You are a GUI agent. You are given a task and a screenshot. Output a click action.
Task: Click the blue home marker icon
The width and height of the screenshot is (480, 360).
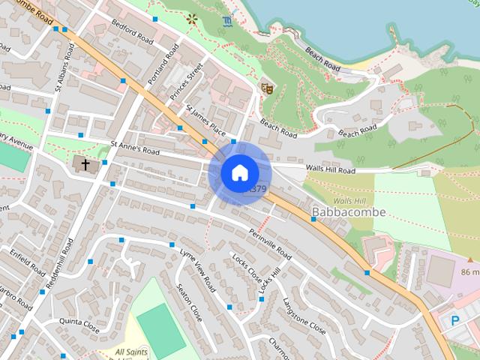(x=238, y=172)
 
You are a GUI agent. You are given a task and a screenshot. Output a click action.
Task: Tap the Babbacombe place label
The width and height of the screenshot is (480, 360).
(x=348, y=212)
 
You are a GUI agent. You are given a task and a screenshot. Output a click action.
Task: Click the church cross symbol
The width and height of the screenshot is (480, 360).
(x=85, y=163)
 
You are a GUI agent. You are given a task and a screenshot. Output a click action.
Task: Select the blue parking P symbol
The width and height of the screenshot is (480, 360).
(x=454, y=320)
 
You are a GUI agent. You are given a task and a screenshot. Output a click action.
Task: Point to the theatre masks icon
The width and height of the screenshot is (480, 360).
(x=265, y=88)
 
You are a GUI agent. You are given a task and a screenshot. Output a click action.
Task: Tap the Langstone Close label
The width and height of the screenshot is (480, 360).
(x=304, y=316)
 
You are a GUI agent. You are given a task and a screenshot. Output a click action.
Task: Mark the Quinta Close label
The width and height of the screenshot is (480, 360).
(x=79, y=325)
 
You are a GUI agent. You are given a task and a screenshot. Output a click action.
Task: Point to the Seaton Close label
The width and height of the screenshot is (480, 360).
(x=189, y=302)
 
